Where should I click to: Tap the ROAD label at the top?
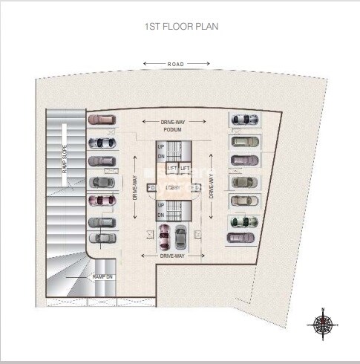pyautogui.click(x=176, y=65)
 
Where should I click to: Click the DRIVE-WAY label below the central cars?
pyautogui.click(x=172, y=256)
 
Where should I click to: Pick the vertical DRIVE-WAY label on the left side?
pyautogui.click(x=135, y=186)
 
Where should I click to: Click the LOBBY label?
pyautogui.click(x=174, y=187)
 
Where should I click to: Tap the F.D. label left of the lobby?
pyautogui.click(x=151, y=188)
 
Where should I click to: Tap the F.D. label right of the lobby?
pyautogui.click(x=196, y=188)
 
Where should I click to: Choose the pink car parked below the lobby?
pyautogui.click(x=165, y=237)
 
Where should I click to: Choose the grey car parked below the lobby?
pyautogui.click(x=180, y=237)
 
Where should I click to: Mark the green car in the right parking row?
pyautogui.click(x=242, y=221)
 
